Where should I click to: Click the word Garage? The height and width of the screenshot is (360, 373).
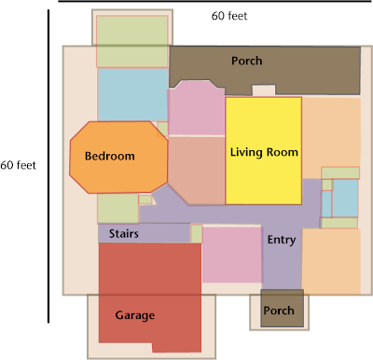pyautogui.click(x=135, y=315)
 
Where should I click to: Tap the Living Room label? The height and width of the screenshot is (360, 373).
pyautogui.click(x=264, y=152)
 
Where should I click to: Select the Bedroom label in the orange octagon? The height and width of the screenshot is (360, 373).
pyautogui.click(x=110, y=156)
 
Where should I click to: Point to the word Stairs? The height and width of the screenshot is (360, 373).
pyautogui.click(x=123, y=233)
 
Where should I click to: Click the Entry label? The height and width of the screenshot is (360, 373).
pyautogui.click(x=282, y=240)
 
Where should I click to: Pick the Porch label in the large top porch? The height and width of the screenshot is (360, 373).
pyautogui.click(x=246, y=61)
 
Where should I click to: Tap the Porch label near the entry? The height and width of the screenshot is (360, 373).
pyautogui.click(x=279, y=311)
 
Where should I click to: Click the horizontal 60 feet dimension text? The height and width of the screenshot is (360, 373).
pyautogui.click(x=229, y=16)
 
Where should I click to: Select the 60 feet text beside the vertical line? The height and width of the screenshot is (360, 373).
pyautogui.click(x=18, y=165)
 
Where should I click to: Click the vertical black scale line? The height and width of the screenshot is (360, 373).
pyautogui.click(x=48, y=166)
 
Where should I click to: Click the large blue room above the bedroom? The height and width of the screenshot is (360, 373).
pyautogui.click(x=133, y=94)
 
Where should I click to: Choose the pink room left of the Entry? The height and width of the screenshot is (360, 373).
pyautogui.click(x=232, y=255)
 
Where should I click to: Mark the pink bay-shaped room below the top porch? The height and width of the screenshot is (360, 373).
pyautogui.click(x=197, y=107)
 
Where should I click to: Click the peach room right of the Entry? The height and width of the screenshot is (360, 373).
pyautogui.click(x=331, y=261)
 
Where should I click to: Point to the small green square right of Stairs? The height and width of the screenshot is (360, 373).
pyautogui.click(x=197, y=234)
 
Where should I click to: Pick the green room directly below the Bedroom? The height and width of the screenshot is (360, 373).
pyautogui.click(x=118, y=208)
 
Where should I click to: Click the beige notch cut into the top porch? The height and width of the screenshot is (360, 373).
pyautogui.click(x=264, y=90)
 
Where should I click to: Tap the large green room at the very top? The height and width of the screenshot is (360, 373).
pyautogui.click(x=132, y=41)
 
